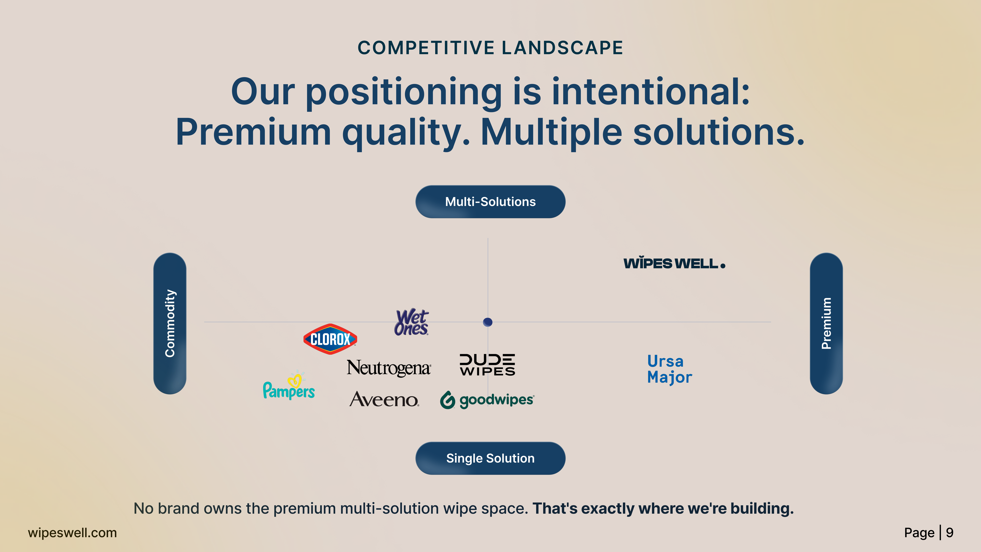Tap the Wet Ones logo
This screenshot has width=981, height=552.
411,322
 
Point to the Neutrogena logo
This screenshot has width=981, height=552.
388,368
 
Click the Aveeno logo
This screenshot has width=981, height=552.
384,400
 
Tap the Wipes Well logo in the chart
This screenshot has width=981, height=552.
674,263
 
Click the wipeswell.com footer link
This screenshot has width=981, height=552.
72,533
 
